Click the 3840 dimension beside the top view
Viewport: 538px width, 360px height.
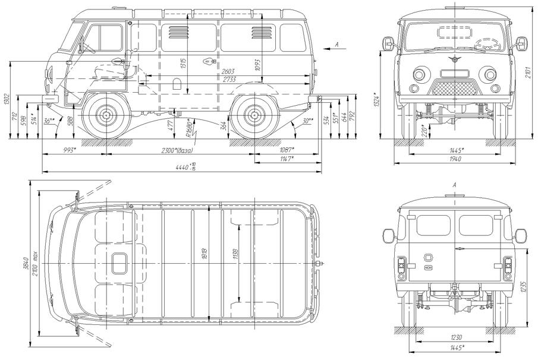coord(26,263)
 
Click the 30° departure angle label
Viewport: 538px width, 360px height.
coord(307,121)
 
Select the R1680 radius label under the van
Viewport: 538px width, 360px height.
coord(190,127)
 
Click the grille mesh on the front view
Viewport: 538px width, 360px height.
coord(455,88)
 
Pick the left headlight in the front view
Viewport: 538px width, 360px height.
coord(420,75)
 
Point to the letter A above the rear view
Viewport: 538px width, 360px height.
coord(455,186)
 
